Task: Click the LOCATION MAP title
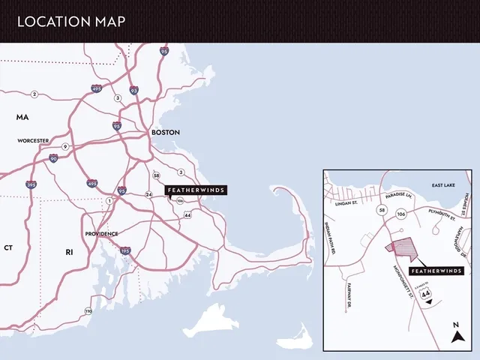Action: click(71, 21)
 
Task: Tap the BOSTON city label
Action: click(166, 132)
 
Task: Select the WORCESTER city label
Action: click(33, 140)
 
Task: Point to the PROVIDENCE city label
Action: click(100, 233)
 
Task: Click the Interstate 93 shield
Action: click(133, 90)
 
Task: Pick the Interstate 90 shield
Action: click(53, 158)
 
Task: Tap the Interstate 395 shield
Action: click(31, 184)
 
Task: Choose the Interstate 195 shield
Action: click(125, 250)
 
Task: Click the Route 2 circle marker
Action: click(34, 94)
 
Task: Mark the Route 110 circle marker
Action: click(88, 310)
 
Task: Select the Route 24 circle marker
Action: click(148, 194)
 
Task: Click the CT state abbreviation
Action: click(8, 247)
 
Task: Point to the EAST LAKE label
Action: click(443, 184)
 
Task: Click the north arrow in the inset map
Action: click(455, 334)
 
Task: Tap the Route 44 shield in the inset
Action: click(427, 294)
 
